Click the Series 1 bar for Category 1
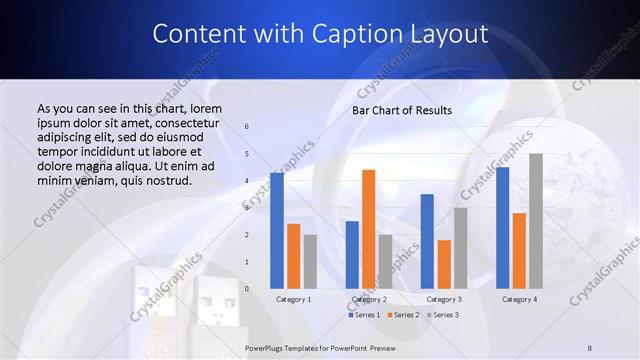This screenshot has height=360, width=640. point(277,231)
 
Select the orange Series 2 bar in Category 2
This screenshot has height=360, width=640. point(369,229)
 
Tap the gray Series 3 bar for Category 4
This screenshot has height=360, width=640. point(536,221)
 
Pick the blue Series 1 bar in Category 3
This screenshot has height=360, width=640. point(427,241)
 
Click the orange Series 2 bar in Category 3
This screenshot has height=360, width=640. point(444,264)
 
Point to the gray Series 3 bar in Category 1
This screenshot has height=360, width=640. point(310,262)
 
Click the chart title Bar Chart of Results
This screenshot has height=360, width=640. point(402,110)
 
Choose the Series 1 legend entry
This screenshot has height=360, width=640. point(364,315)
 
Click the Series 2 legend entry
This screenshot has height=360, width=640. point(403,315)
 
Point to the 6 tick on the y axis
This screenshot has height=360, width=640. point(247,127)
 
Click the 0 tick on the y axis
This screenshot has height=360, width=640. point(247,289)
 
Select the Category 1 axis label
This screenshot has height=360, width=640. point(293,299)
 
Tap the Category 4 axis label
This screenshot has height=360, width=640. point(519,299)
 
